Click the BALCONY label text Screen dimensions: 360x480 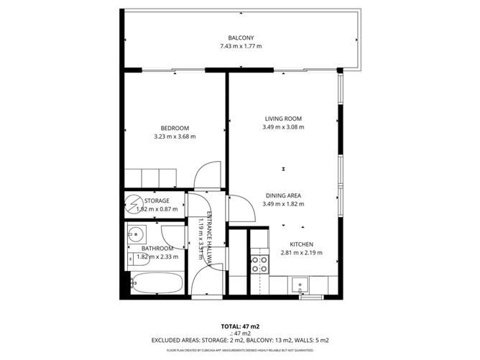(241, 37)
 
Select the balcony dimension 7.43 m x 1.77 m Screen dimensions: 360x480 (241, 46)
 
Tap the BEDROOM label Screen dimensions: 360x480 (175, 128)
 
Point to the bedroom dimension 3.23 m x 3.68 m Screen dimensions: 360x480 (175, 137)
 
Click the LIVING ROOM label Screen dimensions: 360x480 (283, 119)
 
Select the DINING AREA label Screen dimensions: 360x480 (283, 195)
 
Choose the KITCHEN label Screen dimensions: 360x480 (302, 244)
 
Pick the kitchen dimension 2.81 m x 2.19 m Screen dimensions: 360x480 (302, 252)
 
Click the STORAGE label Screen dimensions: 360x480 (157, 200)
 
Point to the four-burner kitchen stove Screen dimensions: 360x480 (259, 264)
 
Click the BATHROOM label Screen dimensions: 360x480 (152, 248)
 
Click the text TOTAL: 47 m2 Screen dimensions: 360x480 (240, 325)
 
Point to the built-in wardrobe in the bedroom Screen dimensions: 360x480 (149, 177)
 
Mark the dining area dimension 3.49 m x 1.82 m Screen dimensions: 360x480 (283, 204)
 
